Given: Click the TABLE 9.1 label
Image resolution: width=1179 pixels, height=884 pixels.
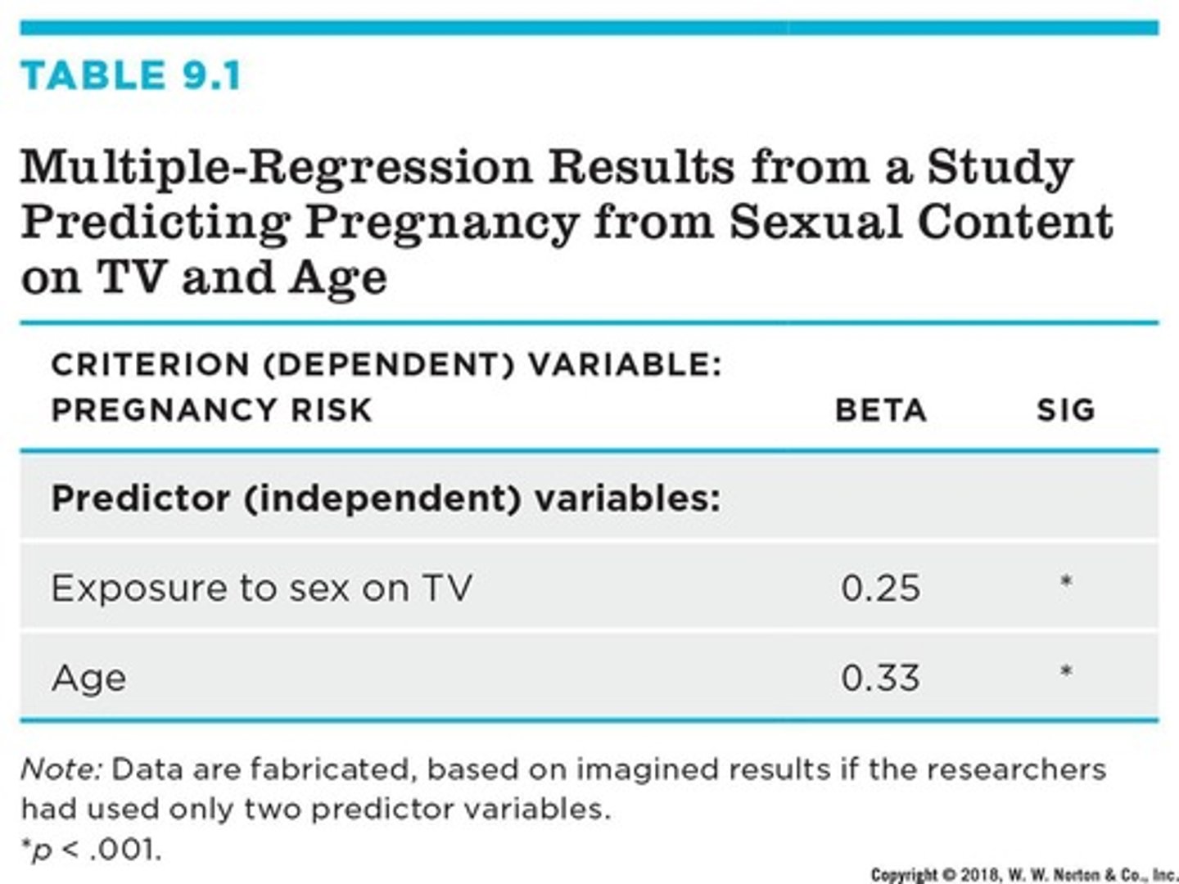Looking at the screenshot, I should tap(131, 75).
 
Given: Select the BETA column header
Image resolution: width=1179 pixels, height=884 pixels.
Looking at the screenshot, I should tap(880, 409).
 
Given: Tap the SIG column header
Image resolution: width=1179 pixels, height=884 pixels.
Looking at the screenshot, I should tap(1065, 409).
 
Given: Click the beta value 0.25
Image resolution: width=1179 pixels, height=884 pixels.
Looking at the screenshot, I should tap(880, 588).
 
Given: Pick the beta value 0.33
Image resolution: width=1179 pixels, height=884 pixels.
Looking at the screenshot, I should tap(880, 678).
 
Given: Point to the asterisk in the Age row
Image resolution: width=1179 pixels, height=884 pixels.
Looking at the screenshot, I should tap(1065, 672).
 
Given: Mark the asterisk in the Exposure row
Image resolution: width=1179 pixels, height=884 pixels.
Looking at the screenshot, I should tap(1065, 583).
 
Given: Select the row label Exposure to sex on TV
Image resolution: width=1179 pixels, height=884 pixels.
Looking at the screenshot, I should tap(261, 588).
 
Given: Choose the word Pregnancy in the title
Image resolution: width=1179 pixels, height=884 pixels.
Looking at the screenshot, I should tap(440, 223).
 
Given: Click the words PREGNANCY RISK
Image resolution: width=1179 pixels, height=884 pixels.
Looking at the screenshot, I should tap(211, 409).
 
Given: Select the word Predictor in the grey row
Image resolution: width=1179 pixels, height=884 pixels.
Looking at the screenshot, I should tap(140, 498).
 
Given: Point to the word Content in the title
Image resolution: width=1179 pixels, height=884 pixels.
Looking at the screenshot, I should tap(1015, 223).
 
